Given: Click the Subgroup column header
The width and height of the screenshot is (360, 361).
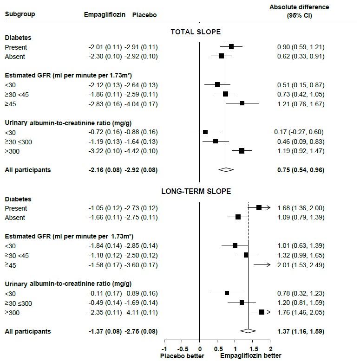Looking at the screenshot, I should point(20,14).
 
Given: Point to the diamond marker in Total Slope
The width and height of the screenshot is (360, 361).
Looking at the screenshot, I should point(226,170).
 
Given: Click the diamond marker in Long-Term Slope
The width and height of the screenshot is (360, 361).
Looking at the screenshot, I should point(248,331).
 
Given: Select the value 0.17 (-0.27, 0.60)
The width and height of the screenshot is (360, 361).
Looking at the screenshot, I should point(299,132).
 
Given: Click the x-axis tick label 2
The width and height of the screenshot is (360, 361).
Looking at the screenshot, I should point(270,348).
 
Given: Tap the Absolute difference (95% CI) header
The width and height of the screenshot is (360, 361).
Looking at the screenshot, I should point(299,11).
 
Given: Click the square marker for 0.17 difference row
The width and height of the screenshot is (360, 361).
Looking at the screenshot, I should point(205,132).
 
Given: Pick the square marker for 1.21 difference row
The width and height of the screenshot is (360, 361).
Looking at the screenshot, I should point(242,103).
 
